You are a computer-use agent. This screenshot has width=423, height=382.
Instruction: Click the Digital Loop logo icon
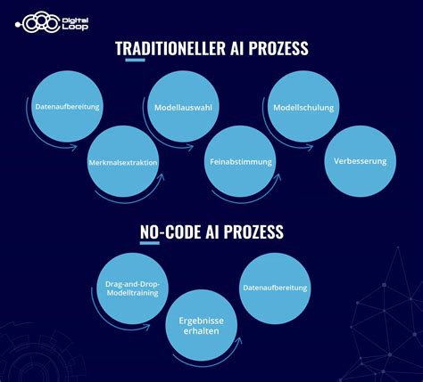[41, 21]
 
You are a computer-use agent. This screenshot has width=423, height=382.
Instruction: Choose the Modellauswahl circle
[182, 108]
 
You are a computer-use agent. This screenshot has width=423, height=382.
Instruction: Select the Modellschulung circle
[303, 108]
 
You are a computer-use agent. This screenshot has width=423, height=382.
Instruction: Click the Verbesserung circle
[360, 162]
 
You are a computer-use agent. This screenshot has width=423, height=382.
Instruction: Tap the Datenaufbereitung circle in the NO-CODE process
[275, 288]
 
